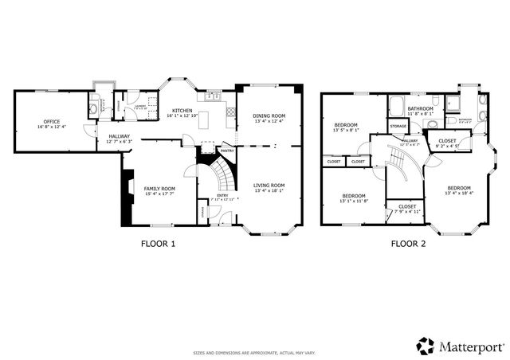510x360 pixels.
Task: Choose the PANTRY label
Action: coord(226,150)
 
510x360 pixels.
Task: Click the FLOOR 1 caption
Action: coord(158,244)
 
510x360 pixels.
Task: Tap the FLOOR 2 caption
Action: coord(408,244)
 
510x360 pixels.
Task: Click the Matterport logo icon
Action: coord(426,346)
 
